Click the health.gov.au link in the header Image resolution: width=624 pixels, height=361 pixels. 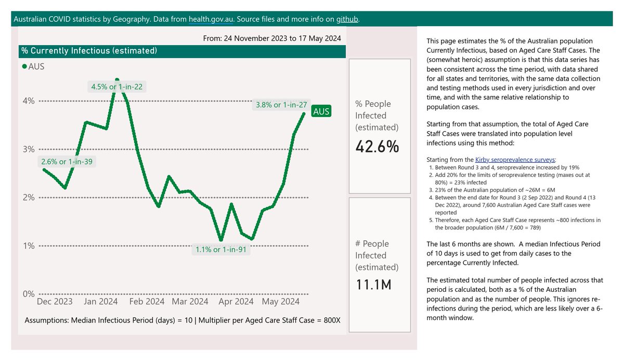point(211,19)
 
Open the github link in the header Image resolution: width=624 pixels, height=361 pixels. point(347,19)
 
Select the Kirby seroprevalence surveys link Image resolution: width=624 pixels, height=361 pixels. point(515,159)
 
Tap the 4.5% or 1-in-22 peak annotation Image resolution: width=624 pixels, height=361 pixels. point(116,87)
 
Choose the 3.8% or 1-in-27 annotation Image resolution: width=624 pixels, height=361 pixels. point(281,105)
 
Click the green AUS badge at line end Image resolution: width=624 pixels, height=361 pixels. point(321,111)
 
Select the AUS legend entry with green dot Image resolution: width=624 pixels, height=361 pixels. point(35,67)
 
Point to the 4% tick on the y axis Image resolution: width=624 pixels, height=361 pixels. point(28,101)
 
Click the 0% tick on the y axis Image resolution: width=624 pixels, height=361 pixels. point(28,294)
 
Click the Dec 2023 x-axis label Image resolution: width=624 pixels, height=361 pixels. point(55,302)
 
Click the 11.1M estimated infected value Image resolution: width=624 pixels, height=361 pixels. point(373,285)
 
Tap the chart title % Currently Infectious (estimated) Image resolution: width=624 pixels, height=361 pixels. point(88,51)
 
